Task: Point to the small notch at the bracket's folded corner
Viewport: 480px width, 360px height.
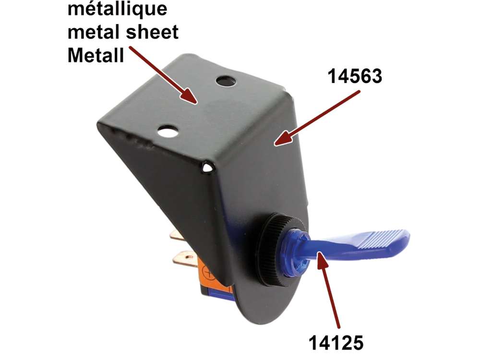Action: (x=207, y=168)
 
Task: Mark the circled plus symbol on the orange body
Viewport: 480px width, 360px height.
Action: (x=208, y=275)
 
